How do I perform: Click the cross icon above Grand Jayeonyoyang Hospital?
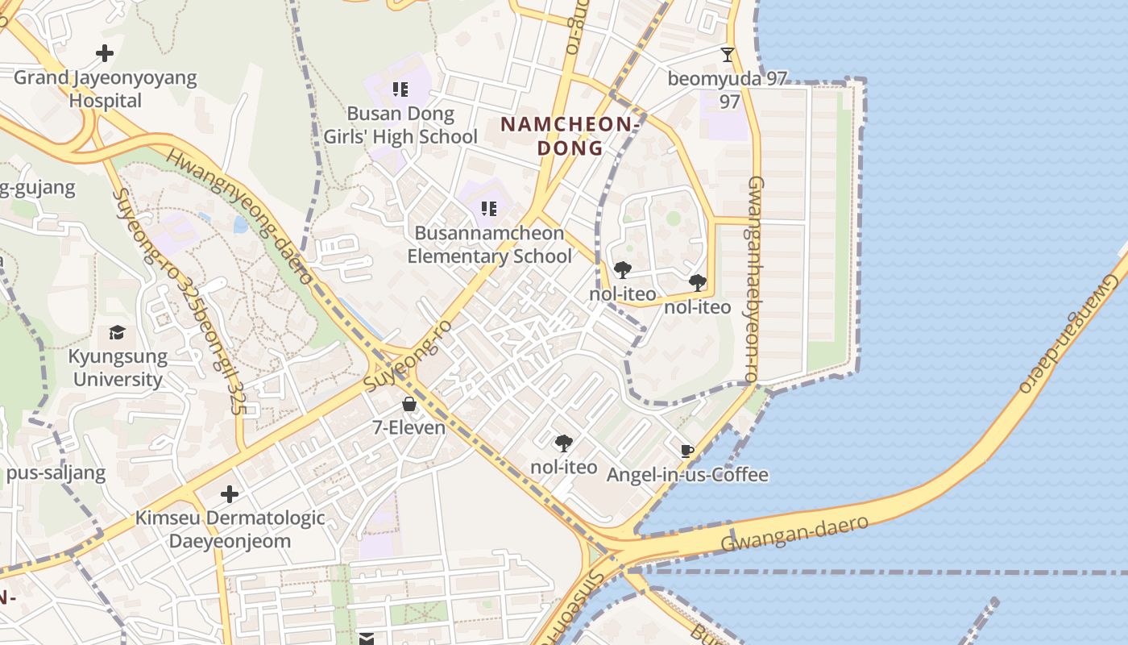click(x=105, y=54)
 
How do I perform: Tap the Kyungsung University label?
click(x=118, y=368)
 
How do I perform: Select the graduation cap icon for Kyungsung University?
click(x=118, y=333)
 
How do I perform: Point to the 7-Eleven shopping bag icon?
click(x=409, y=404)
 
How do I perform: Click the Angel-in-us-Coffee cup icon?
click(x=687, y=451)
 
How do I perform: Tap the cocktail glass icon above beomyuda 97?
click(x=728, y=55)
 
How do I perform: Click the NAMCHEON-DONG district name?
click(x=570, y=136)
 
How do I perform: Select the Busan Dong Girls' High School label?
click(x=400, y=125)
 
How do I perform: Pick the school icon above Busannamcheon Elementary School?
click(x=489, y=210)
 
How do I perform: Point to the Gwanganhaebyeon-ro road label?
click(x=753, y=279)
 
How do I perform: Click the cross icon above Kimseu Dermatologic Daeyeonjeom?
click(x=230, y=493)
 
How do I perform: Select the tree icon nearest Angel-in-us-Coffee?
click(x=564, y=443)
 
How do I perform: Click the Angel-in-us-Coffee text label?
click(x=687, y=475)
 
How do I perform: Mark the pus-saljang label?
click(x=56, y=472)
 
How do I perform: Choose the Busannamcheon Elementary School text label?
click(x=489, y=245)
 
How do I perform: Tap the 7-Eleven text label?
click(x=409, y=427)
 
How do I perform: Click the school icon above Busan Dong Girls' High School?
click(x=400, y=89)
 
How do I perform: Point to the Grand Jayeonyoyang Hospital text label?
click(x=105, y=89)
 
